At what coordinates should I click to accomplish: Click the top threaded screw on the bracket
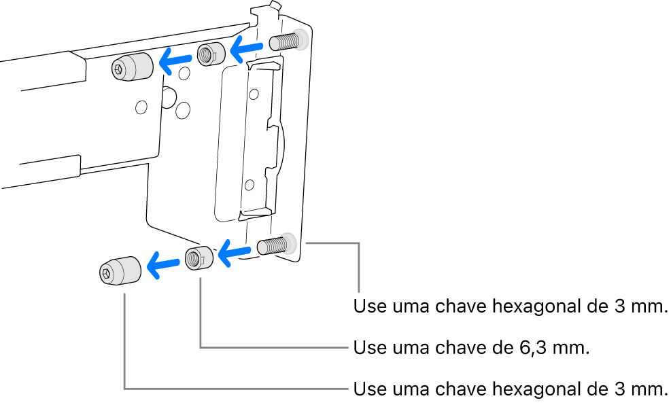[285, 41]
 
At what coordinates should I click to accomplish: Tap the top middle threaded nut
[211, 55]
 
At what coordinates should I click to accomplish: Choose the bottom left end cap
[120, 271]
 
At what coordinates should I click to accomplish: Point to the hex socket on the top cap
[120, 69]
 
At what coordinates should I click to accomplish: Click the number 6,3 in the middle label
[524, 349]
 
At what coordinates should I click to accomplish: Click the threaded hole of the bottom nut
[194, 258]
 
